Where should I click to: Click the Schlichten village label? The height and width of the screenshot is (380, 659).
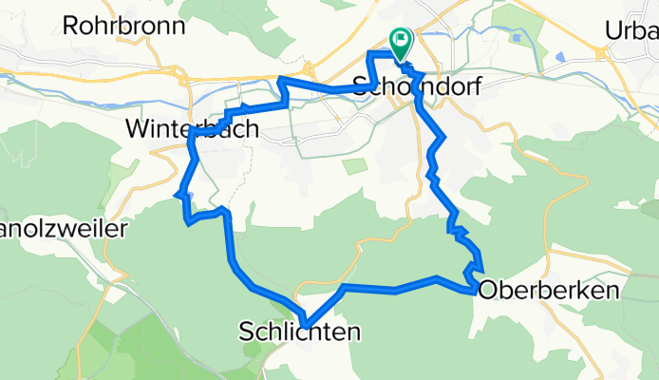(x=300, y=332)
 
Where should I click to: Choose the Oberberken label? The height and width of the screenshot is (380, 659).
(x=550, y=290)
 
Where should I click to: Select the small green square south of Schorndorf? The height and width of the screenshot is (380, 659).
(x=354, y=166)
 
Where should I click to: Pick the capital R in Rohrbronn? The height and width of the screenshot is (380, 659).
(x=68, y=26)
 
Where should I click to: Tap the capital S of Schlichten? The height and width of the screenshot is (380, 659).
(x=245, y=332)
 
